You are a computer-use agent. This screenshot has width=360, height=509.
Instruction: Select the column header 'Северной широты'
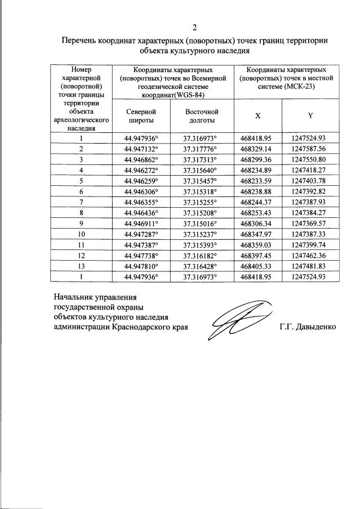pos(140,117)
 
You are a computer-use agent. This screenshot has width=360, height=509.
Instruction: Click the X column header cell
pos(258,115)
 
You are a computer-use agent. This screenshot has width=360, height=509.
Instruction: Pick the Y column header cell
pos(309,115)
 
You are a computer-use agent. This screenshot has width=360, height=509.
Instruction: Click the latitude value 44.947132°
pos(140,149)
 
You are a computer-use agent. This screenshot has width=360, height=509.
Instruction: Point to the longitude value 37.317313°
pos(199,159)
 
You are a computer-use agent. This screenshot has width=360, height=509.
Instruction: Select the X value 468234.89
pos(256,169)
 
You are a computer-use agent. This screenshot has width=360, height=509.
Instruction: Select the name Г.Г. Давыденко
pos(307,327)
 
